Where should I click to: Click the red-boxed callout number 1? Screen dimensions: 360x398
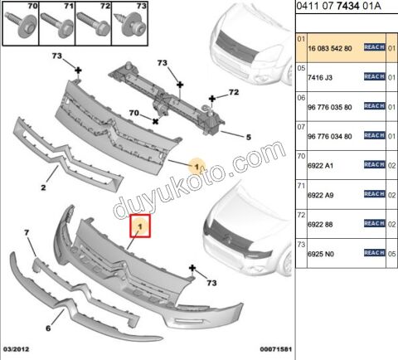click(141, 225)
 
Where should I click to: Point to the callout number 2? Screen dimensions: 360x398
click(43, 187)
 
